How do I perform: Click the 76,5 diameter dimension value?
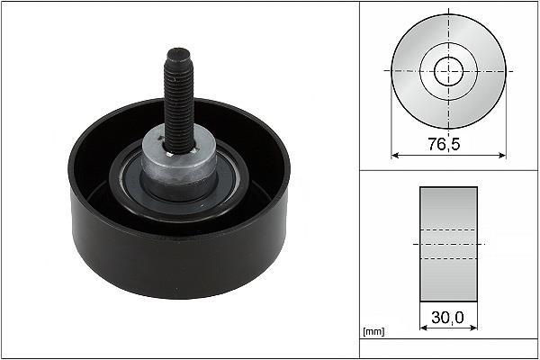(x=444, y=144)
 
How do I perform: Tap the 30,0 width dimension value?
(x=447, y=318)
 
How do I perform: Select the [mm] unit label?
(x=373, y=331)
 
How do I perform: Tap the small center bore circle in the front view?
(x=449, y=71)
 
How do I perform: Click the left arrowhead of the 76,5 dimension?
(x=395, y=156)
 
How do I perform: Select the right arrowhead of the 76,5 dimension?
(x=502, y=156)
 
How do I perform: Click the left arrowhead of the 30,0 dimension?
(x=424, y=328)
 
